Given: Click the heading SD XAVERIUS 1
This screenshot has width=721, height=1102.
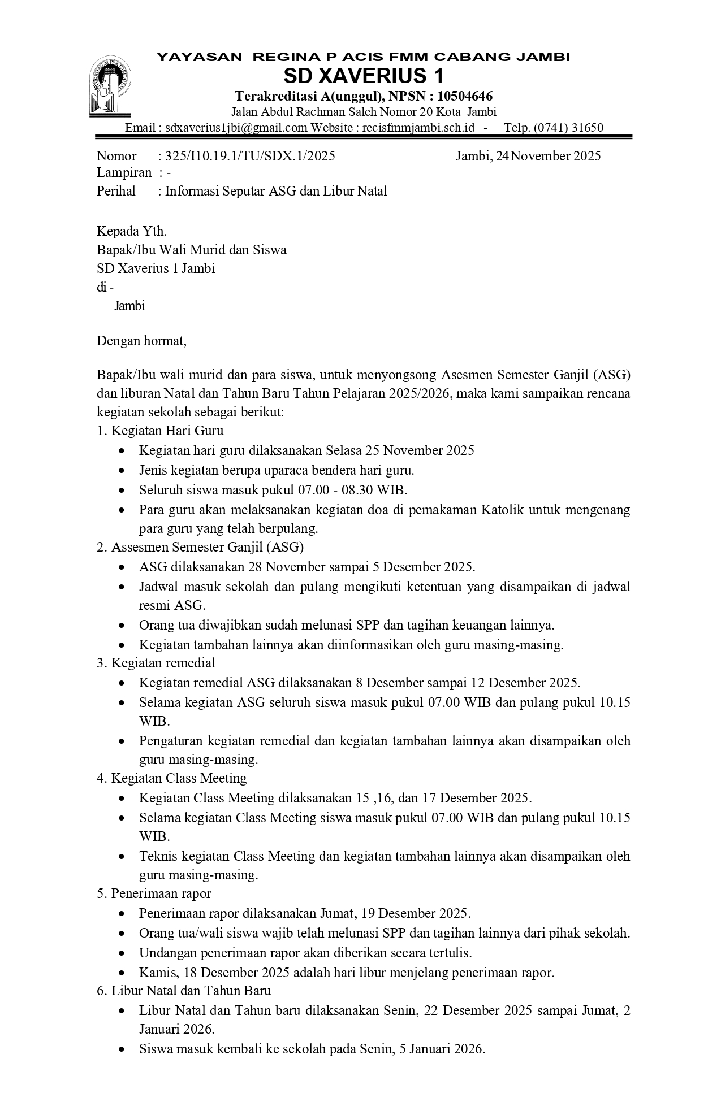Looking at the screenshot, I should tap(363, 76).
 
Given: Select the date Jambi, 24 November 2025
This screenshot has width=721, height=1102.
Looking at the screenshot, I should tap(528, 156).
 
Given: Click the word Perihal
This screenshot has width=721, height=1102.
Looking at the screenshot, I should tap(116, 191).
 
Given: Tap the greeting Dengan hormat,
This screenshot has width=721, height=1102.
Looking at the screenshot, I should tap(141, 341).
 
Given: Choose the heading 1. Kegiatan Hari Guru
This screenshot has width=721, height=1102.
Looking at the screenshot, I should tap(160, 431).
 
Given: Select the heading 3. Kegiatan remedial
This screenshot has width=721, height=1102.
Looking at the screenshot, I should tap(156, 662).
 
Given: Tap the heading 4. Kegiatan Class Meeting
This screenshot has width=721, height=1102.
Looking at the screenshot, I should tap(172, 778).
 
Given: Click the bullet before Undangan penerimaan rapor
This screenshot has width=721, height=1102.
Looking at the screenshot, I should tap(123, 953).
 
